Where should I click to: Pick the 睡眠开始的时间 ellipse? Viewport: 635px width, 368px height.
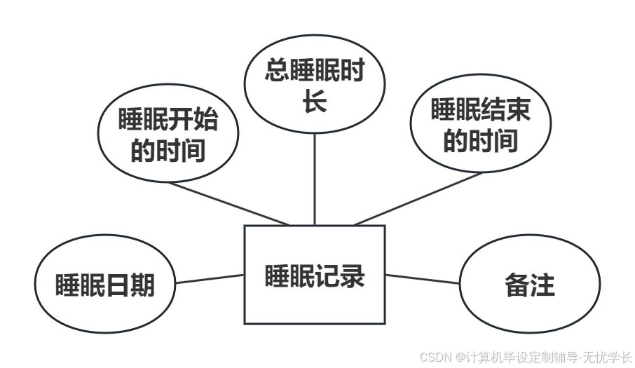point(167,135)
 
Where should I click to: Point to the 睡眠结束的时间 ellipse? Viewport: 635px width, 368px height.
point(480,125)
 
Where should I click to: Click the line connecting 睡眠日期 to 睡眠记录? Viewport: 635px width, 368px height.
point(210,279)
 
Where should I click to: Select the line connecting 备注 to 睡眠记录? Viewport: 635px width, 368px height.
point(423,279)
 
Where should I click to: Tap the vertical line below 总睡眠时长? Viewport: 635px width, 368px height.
point(315,179)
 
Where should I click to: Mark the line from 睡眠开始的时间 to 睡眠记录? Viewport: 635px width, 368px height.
point(231,203)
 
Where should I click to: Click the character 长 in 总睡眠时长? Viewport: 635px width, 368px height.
point(315,102)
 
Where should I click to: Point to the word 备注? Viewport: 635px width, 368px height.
point(529,285)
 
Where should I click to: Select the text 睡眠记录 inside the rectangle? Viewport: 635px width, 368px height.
point(315,275)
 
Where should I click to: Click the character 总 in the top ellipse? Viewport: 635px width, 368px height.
point(278,71)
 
